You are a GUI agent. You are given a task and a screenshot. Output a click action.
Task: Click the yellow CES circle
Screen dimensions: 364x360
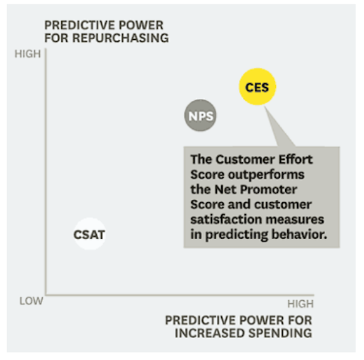point(257,87)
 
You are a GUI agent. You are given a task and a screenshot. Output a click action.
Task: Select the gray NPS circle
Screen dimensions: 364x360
point(200,115)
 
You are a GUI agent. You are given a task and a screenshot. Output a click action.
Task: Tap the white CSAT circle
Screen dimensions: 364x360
point(90,234)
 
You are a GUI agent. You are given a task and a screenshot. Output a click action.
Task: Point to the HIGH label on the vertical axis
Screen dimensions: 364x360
point(28,54)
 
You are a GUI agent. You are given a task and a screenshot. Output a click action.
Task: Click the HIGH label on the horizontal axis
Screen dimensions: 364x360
point(301,304)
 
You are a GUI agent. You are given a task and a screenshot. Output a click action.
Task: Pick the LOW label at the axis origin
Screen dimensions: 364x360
point(31,301)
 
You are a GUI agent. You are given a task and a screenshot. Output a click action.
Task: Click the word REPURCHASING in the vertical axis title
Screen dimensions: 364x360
point(120,38)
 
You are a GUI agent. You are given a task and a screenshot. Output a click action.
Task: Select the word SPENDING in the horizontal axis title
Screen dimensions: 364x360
point(280,333)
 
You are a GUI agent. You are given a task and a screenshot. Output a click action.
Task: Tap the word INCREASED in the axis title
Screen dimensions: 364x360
point(210,333)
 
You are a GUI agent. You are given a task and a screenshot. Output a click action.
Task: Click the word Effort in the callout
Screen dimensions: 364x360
point(296,159)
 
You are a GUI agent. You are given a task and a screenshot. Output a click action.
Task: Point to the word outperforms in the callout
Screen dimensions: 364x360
point(266,175)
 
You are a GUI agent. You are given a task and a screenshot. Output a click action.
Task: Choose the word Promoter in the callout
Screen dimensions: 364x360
point(269,189)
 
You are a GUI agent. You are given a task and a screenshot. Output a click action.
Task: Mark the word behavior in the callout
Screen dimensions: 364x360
point(299,234)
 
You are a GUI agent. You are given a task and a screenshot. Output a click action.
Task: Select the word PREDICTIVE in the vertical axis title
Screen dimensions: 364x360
point(80,25)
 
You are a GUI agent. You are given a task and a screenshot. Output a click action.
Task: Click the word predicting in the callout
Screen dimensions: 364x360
point(237,235)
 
